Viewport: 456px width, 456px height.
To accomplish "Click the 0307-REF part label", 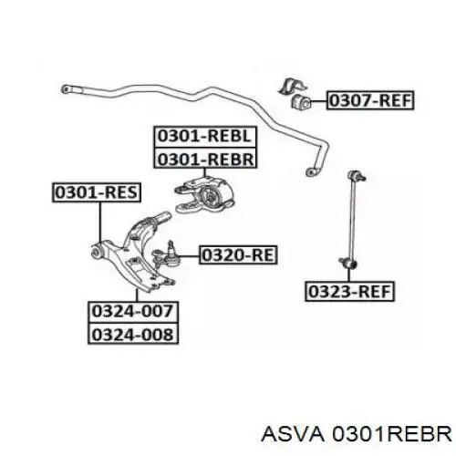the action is pos(370,100).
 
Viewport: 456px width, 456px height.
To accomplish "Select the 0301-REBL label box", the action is pos(205,137).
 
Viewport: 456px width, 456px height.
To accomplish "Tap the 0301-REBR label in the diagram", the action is pos(205,158).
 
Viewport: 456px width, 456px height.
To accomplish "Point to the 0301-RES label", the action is pos(97,192).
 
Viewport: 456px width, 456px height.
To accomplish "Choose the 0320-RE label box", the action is pos(238,254).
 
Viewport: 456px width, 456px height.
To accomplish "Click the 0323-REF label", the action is pos(349,292).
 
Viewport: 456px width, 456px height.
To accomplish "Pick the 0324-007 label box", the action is pos(133,312).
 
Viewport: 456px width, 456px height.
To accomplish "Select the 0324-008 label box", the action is pos(133,334).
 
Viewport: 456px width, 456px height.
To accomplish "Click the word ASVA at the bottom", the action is pos(293,433).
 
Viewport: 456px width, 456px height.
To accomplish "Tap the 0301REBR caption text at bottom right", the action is pos(392,433).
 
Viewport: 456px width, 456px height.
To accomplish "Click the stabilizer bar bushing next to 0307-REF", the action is pos(301,102).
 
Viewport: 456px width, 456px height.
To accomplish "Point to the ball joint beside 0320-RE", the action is pos(166,254).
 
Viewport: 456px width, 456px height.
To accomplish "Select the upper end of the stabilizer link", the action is pos(357,175).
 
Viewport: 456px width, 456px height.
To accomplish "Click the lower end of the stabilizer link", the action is pos(348,262).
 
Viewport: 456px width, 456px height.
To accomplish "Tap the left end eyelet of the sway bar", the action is pos(65,89).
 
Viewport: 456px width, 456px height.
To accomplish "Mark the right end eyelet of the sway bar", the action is pos(310,172).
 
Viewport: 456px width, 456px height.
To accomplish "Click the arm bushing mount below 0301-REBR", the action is pos(204,195).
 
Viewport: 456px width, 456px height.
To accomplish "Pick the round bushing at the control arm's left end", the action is pos(97,252).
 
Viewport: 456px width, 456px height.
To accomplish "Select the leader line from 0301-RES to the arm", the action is pos(100,222).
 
